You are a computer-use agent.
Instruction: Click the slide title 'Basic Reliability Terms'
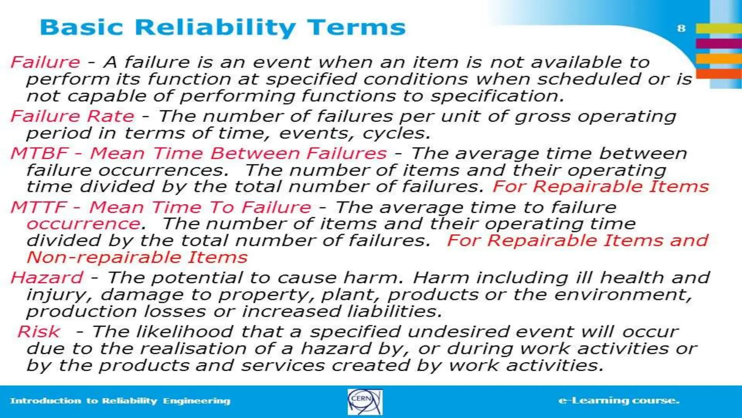[222, 28]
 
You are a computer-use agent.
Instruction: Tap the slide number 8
[681, 28]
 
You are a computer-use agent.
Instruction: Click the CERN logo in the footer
[365, 402]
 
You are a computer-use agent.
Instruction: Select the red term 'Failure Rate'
[72, 116]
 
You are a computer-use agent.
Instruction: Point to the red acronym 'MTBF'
[39, 153]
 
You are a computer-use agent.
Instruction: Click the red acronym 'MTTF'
[39, 207]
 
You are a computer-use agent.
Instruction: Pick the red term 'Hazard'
[47, 278]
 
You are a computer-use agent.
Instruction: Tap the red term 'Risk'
[39, 332]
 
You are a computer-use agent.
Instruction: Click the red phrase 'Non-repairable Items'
[137, 258]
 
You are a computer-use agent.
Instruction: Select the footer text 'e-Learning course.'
[619, 401]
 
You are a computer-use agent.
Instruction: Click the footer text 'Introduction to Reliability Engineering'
[120, 401]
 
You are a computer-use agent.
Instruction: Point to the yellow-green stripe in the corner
[719, 28]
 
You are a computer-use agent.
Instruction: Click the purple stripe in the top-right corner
[719, 44]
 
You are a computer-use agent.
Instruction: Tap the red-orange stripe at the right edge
[719, 74]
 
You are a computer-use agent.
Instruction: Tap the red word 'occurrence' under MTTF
[84, 224]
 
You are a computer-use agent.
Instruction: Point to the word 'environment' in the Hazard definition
[620, 295]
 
